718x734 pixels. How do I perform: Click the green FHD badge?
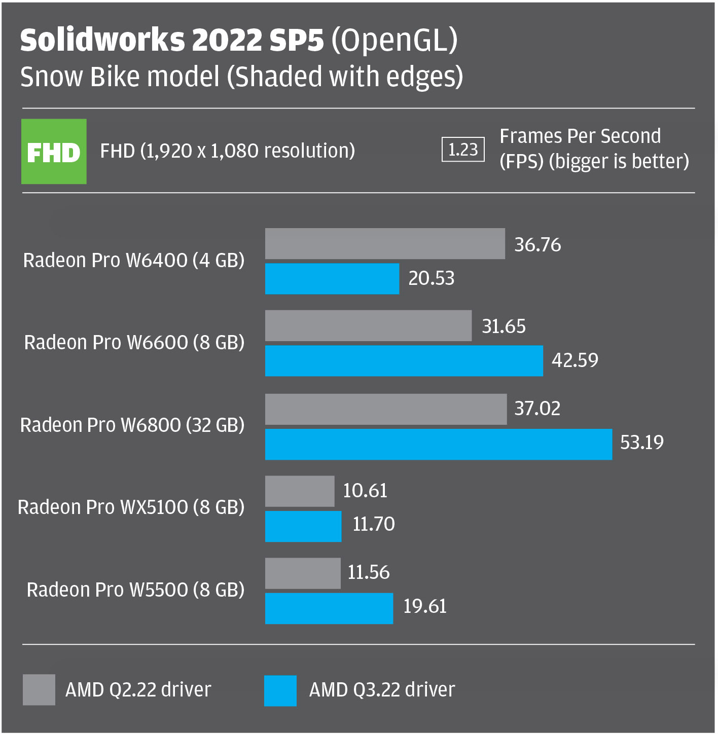[x=54, y=151]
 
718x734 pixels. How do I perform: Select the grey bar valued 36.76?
[x=385, y=244]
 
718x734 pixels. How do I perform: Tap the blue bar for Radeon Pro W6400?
[x=332, y=279]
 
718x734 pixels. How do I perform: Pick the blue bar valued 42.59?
[x=404, y=361]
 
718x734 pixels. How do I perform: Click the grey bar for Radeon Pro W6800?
[x=386, y=409]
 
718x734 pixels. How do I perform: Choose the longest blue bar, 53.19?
[x=439, y=444]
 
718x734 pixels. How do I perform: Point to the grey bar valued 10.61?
[x=300, y=491]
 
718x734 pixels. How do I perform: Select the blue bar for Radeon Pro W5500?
[x=329, y=608]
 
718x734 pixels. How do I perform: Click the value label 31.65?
[x=504, y=326]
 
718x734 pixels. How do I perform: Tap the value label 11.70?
[x=374, y=524]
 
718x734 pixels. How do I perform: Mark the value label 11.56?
[x=369, y=572]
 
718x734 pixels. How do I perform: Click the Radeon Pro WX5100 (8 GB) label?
[x=131, y=507]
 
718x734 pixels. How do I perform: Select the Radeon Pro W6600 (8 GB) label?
[x=134, y=343]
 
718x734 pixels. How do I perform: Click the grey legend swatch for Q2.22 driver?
[x=39, y=689]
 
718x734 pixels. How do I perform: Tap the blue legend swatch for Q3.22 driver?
[x=280, y=690]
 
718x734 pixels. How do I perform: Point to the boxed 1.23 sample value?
[x=463, y=150]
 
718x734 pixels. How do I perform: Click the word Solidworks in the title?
[x=102, y=40]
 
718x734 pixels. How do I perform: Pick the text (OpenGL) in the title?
[x=394, y=40]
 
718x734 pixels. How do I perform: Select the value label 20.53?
[x=432, y=278]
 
